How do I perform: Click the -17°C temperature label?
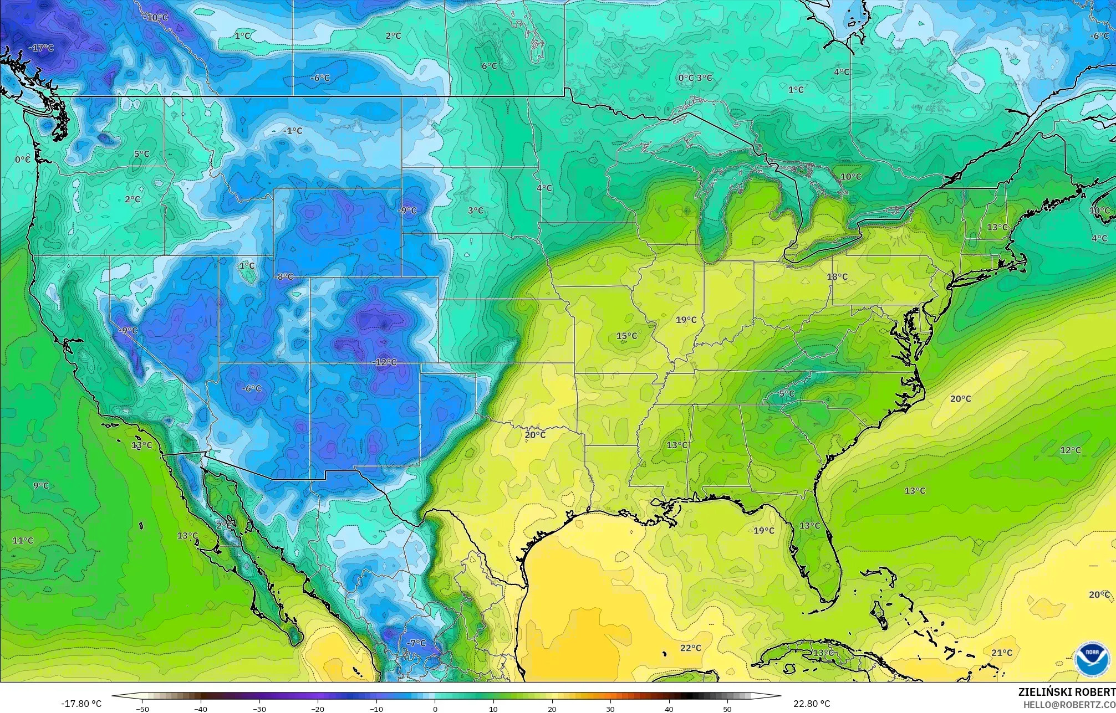[42, 48]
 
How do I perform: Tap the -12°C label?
[386, 362]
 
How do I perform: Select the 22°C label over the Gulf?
[691, 648]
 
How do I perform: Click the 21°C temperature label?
[1002, 653]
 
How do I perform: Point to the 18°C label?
[837, 277]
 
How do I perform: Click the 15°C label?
[626, 336]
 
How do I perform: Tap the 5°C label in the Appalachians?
[787, 394]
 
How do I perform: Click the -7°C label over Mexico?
[416, 643]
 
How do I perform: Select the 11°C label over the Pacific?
[23, 541]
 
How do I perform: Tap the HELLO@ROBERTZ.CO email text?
[1069, 704]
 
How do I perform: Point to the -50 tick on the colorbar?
[142, 709]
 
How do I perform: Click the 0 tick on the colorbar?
[435, 709]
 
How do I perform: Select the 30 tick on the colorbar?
[610, 709]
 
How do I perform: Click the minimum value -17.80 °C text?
[81, 704]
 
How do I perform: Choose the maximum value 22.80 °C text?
[812, 704]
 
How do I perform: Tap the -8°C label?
[284, 277]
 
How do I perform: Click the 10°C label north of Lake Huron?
[851, 177]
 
